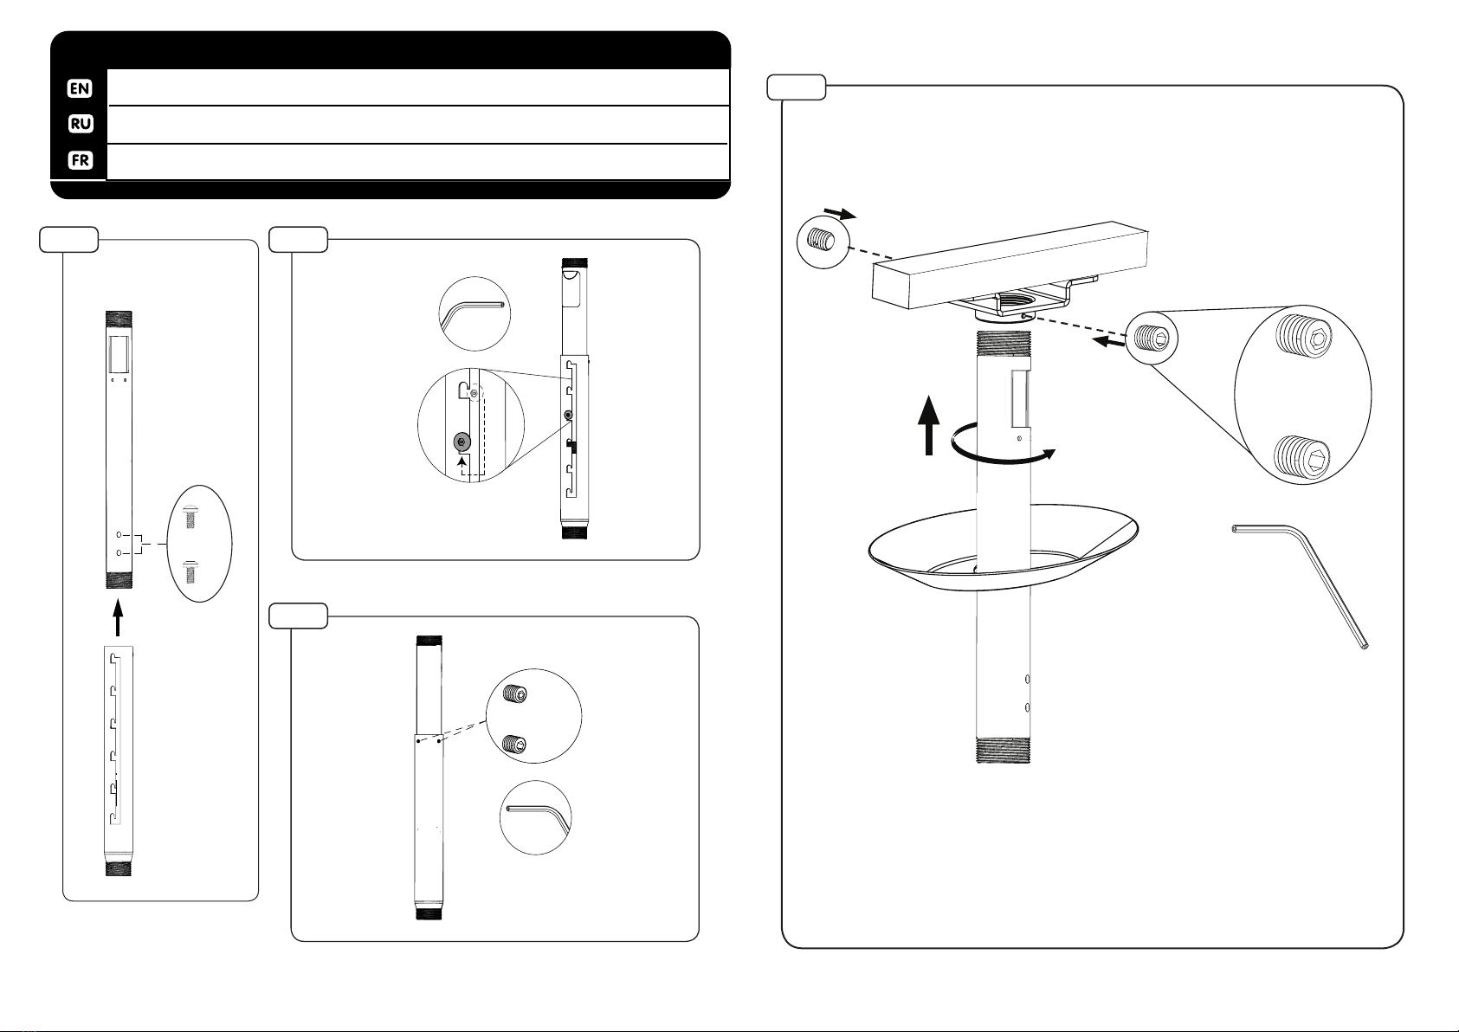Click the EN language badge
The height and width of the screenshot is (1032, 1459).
[80, 88]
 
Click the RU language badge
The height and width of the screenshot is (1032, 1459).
[81, 124]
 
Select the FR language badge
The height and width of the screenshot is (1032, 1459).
[81, 160]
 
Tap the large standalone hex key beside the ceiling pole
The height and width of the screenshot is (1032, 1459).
[1300, 587]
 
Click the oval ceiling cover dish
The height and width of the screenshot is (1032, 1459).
[1003, 547]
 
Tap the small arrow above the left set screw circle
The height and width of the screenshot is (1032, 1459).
[840, 214]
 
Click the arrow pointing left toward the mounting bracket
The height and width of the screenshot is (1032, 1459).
[1108, 341]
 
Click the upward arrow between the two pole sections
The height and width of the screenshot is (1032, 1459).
[118, 617]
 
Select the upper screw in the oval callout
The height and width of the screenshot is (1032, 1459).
[190, 516]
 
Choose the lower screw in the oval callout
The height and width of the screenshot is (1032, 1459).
[190, 571]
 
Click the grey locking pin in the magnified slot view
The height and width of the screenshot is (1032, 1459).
[462, 442]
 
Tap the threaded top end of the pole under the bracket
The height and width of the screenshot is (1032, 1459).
[1004, 342]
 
